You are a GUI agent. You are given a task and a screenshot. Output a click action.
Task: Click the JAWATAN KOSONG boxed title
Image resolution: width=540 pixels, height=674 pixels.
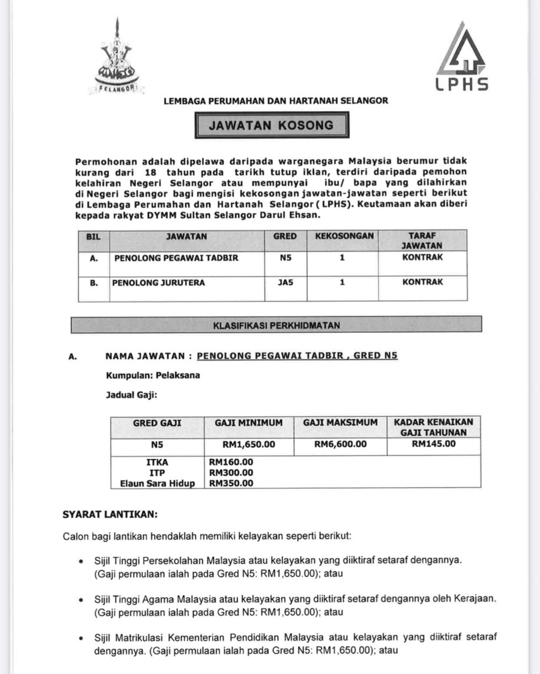271,125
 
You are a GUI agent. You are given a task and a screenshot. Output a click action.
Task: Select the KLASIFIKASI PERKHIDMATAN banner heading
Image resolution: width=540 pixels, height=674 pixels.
276,325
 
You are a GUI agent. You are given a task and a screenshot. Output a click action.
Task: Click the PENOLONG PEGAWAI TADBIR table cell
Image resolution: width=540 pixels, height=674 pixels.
176,258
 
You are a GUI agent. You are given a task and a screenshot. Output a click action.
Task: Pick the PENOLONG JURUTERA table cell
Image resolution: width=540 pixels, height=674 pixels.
158,283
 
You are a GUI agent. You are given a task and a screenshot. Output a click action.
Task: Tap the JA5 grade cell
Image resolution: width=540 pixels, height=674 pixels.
285,283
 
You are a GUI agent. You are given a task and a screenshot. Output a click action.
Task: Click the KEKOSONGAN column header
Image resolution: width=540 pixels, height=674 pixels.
344,236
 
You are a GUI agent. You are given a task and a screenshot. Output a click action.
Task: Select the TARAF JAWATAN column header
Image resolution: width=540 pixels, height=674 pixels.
422,241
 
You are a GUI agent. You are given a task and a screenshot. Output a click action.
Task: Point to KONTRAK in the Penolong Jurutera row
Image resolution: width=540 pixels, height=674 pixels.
423,282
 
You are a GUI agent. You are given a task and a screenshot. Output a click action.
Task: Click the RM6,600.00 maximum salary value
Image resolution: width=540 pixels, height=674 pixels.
340,444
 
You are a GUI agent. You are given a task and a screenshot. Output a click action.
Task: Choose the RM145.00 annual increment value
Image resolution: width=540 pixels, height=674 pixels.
433,444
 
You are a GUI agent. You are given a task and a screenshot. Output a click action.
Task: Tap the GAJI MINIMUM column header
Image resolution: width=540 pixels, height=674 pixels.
249,423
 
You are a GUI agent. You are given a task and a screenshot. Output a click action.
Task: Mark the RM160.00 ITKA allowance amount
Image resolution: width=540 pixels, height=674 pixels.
231,462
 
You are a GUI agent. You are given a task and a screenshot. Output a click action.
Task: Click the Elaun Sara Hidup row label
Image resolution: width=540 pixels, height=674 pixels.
157,484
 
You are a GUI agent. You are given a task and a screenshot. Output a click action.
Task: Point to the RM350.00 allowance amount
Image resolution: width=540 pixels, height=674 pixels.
231,484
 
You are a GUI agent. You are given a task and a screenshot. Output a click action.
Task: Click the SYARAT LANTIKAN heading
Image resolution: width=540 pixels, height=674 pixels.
110,514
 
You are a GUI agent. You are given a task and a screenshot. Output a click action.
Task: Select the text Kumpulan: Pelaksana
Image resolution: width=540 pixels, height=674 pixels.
153,375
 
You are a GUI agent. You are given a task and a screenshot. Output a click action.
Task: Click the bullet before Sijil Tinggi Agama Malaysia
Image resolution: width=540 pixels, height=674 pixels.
81,600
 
